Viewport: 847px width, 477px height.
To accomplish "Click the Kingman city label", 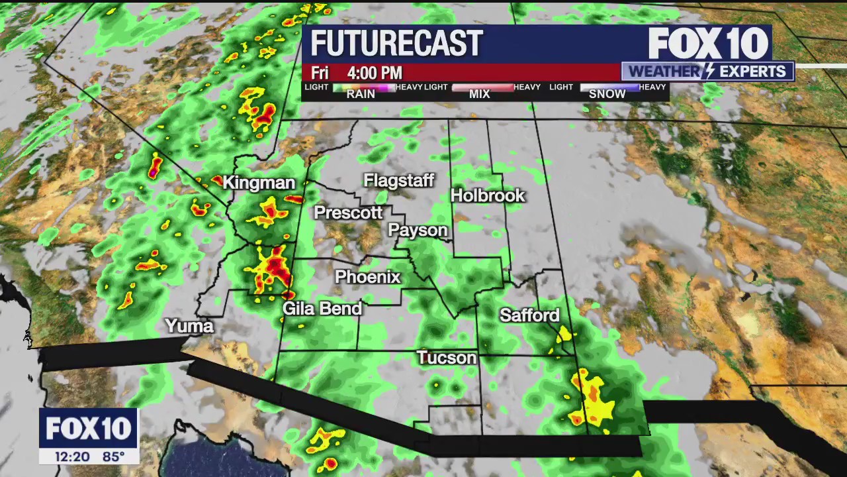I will (259, 183).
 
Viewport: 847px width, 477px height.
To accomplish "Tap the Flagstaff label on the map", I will (398, 180).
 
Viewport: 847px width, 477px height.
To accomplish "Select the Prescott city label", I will (348, 213).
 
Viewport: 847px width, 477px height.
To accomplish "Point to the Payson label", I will (418, 230).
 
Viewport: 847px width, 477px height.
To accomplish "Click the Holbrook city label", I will (488, 195).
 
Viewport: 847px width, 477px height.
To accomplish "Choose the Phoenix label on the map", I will (367, 277).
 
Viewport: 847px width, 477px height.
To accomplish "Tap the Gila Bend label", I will (322, 309).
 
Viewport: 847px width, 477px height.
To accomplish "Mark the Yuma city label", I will (189, 326).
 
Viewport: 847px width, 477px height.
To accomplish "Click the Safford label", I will (529, 315).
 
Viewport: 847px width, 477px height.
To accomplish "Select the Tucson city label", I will (447, 358).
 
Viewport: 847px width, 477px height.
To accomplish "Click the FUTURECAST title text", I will (396, 44).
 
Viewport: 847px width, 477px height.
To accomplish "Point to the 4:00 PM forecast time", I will (375, 73).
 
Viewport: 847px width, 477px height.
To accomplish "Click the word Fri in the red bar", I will (320, 73).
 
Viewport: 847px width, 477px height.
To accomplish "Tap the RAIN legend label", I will (361, 94).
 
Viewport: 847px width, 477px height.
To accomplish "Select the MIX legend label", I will (479, 94).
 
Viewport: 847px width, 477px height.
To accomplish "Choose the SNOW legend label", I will (607, 94).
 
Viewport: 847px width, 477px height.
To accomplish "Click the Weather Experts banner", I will (707, 72).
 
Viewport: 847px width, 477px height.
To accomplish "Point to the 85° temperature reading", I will (113, 456).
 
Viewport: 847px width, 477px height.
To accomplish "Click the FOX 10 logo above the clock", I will (88, 429).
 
